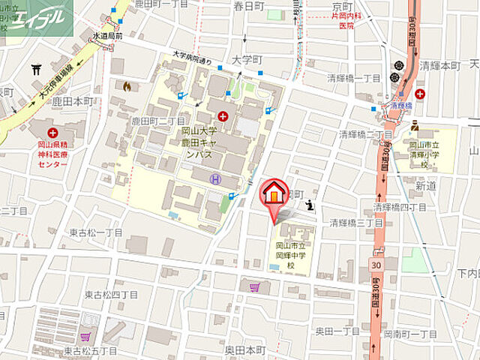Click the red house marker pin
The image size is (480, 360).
274,194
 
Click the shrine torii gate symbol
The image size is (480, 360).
37,70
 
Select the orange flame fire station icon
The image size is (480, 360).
127,87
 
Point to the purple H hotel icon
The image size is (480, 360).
216,178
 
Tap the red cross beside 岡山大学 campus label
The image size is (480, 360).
223,116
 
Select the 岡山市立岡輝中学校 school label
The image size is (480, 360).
289,255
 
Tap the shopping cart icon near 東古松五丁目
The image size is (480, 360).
85,337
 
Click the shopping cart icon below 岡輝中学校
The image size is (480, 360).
256,286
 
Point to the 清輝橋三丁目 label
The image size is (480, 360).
357,223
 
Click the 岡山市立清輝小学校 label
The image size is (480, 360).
433,151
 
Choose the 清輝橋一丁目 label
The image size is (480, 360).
355,78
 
